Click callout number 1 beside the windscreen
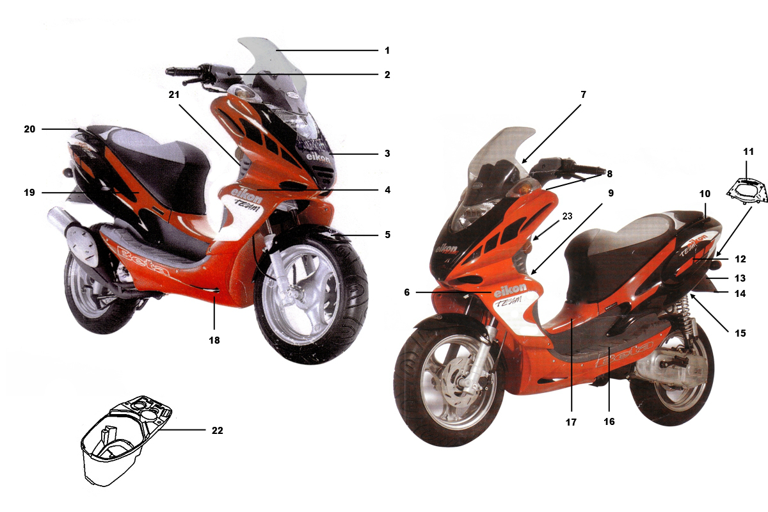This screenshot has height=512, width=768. point(387,51)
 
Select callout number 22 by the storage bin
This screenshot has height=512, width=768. point(218,430)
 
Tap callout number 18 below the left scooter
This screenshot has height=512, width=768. point(214,340)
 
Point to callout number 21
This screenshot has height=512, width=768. point(174,95)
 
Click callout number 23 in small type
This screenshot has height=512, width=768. point(568,216)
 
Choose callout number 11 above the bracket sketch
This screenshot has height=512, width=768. point(748,152)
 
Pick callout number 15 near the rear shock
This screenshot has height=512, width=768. point(740,333)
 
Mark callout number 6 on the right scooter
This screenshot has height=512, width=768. point(406,292)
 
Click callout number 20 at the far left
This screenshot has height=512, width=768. point(29,129)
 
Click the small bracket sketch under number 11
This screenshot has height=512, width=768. point(747,192)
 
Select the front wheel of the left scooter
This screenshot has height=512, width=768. point(310,295)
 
